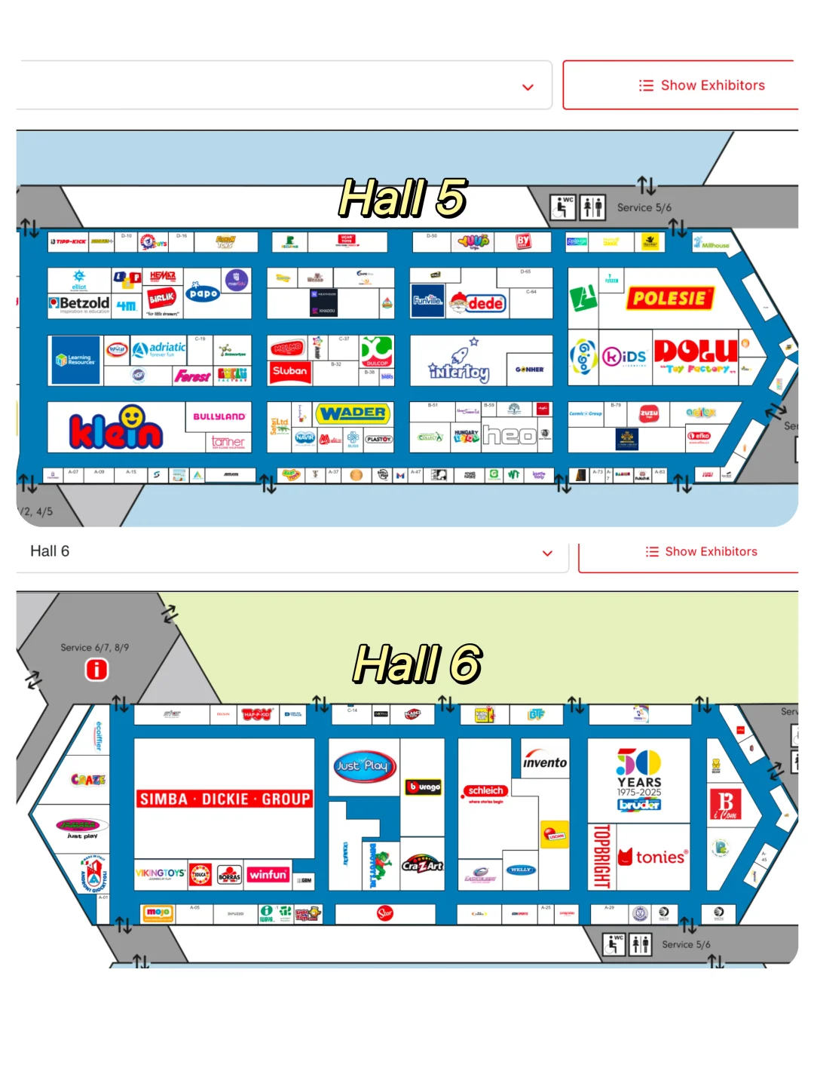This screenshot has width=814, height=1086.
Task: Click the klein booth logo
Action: pos(116,428)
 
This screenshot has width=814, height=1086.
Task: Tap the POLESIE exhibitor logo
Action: pos(669,298)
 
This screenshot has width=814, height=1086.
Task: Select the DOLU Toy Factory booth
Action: pos(695,354)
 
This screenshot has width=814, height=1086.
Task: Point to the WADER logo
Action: pos(353,413)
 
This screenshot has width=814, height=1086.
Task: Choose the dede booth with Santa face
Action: pos(478,303)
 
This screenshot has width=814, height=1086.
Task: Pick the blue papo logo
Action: pos(203,293)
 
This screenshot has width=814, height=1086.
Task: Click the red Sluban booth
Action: pos(289,371)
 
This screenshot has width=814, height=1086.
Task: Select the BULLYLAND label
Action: pos(219,416)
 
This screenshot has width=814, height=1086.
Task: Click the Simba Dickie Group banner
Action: pos(225,799)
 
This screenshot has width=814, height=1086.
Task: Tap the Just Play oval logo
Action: pos(363,765)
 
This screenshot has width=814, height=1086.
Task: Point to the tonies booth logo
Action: pos(653,857)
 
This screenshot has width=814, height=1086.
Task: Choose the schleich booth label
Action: pos(485,790)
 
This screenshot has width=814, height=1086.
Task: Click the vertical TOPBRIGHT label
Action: pos(601,856)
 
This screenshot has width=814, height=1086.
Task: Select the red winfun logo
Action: pos(268,875)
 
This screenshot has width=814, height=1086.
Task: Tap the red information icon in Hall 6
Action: pos(96,669)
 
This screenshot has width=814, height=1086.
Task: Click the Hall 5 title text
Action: pos(402,198)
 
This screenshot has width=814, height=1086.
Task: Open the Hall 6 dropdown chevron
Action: pos(547,553)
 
